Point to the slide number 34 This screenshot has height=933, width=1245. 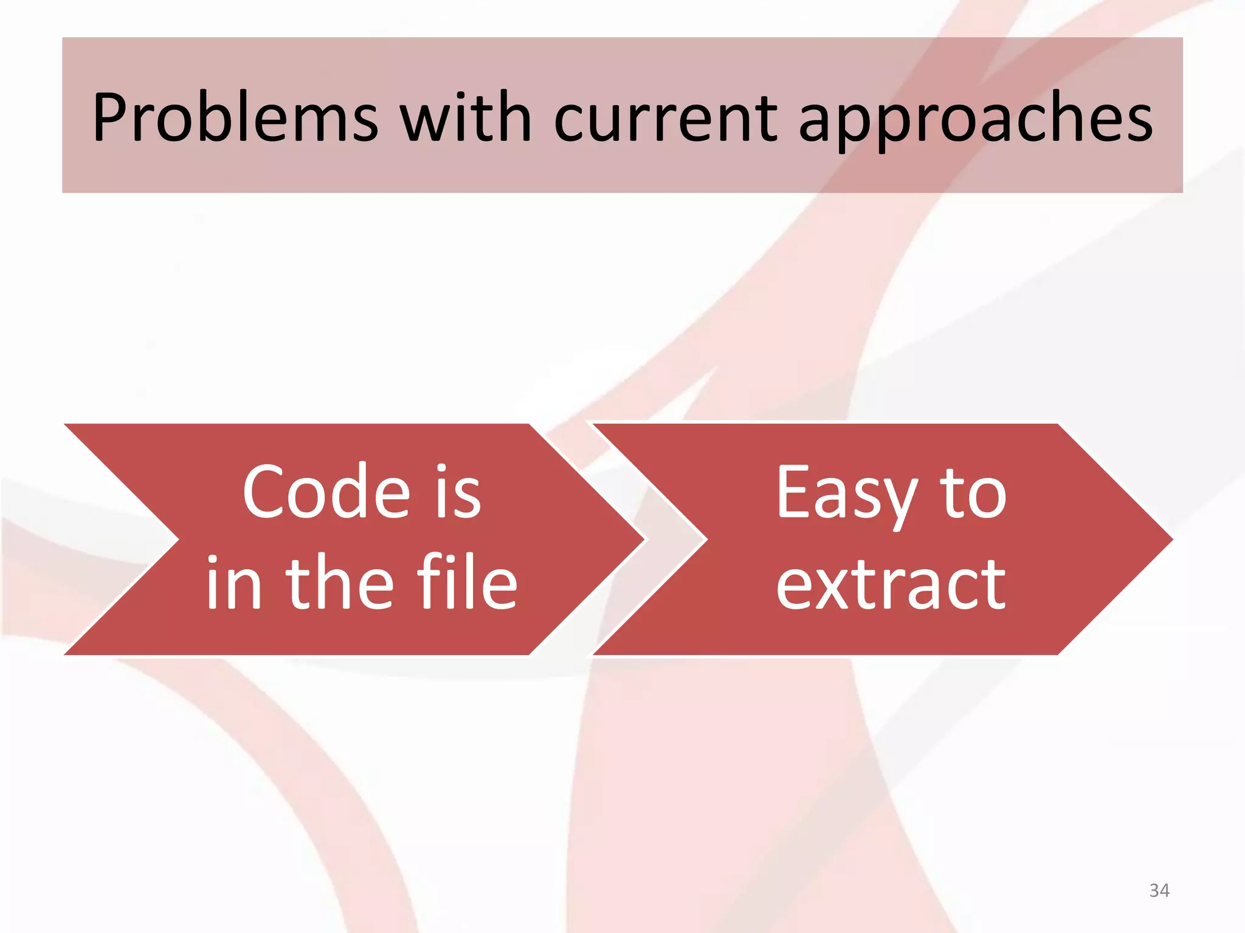(x=1159, y=890)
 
